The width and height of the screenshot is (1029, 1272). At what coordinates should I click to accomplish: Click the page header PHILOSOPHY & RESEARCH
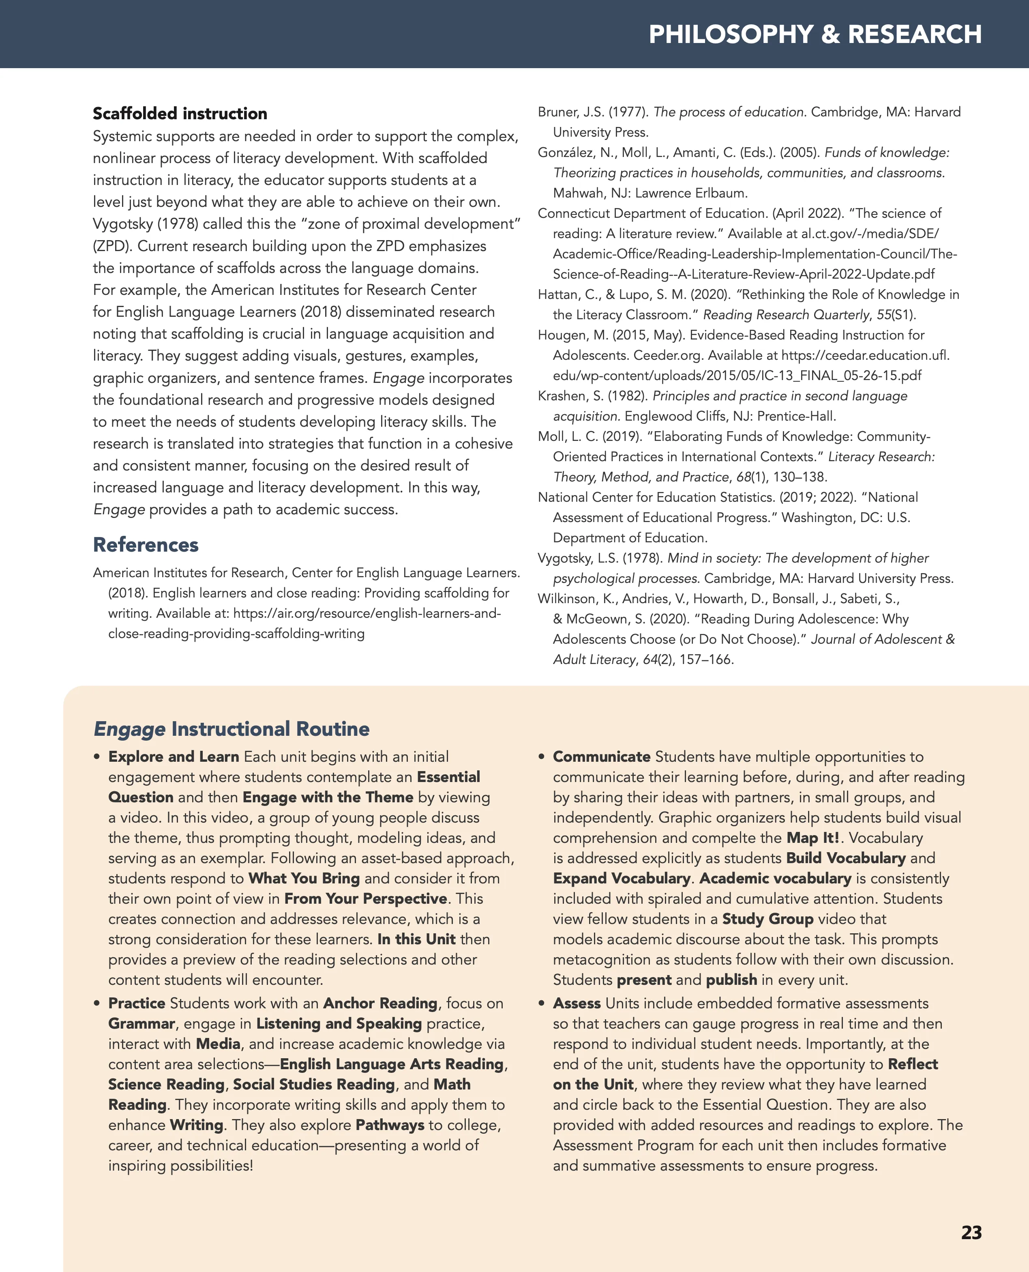tap(815, 34)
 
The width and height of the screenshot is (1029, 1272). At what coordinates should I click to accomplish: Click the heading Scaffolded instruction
tap(180, 113)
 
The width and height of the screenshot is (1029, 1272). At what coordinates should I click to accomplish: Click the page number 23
tap(971, 1232)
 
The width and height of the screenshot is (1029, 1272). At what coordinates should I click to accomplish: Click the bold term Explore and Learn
tap(173, 757)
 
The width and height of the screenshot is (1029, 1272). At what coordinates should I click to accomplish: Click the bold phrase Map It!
tap(812, 838)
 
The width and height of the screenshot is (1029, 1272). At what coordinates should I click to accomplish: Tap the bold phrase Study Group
tap(767, 919)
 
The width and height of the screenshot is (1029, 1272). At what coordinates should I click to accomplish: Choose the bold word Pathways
tap(390, 1125)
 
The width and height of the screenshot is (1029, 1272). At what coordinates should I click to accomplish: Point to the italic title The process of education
tap(729, 112)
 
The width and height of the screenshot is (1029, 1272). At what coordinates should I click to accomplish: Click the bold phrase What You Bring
tap(304, 878)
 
